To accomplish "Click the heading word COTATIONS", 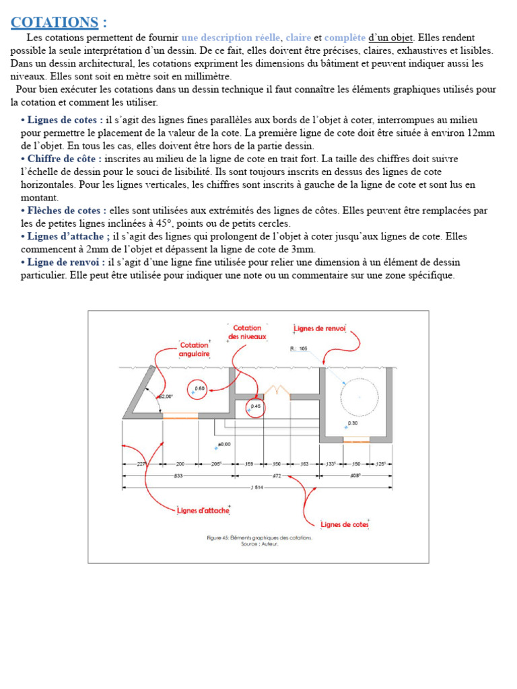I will tap(54, 22).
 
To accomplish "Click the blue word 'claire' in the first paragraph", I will tap(298, 38).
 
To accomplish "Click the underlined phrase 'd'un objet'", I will tap(391, 38).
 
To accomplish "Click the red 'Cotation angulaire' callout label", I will tap(195, 349).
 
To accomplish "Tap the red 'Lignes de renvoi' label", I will tap(320, 329).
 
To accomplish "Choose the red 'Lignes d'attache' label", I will tap(203, 511).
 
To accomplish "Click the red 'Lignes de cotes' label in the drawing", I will tap(344, 524).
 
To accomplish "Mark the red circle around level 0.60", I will tap(199, 390).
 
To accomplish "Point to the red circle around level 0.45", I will tap(255, 407).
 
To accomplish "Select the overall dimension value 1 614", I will tap(256, 487).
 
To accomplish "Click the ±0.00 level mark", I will tap(223, 445).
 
